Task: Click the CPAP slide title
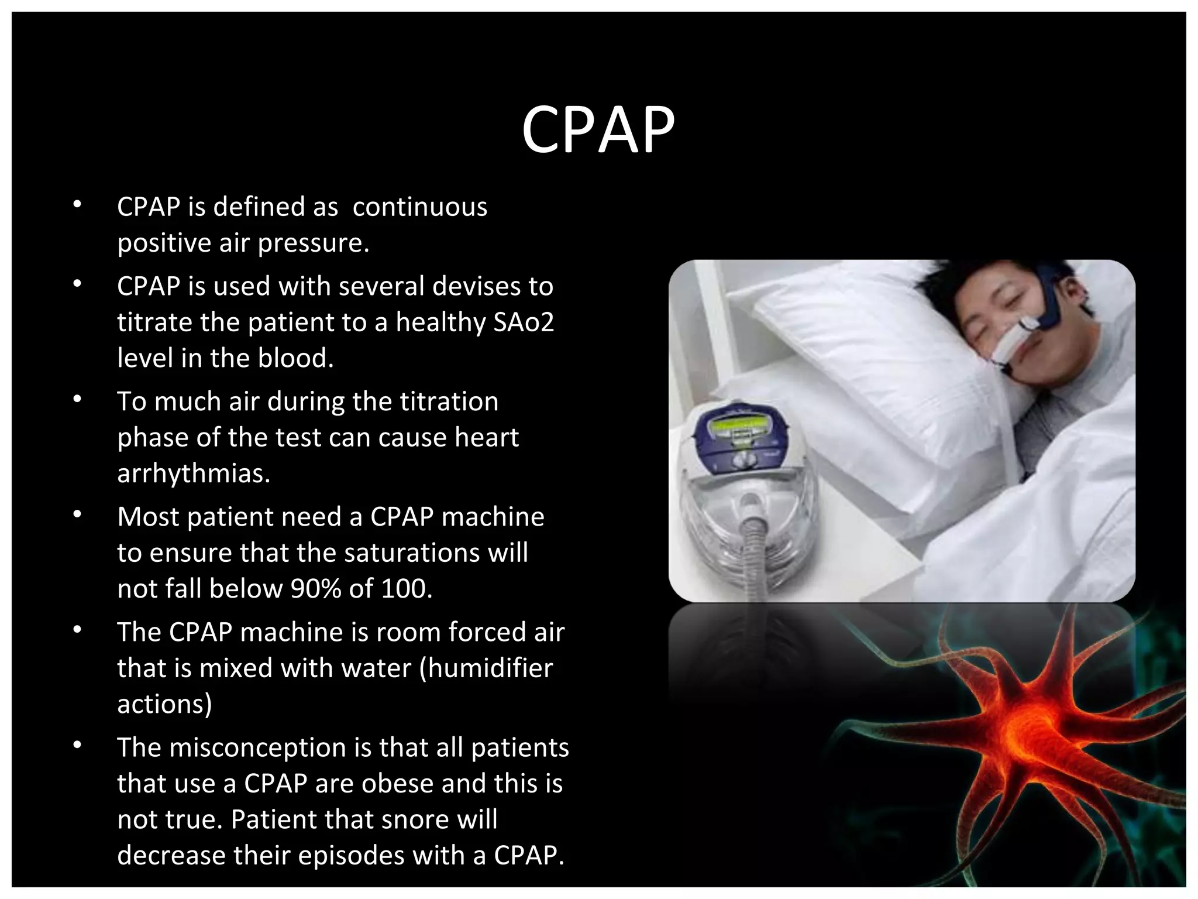(598, 130)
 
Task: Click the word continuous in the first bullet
(419, 207)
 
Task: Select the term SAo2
(524, 322)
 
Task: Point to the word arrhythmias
(194, 473)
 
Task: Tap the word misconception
(261, 748)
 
